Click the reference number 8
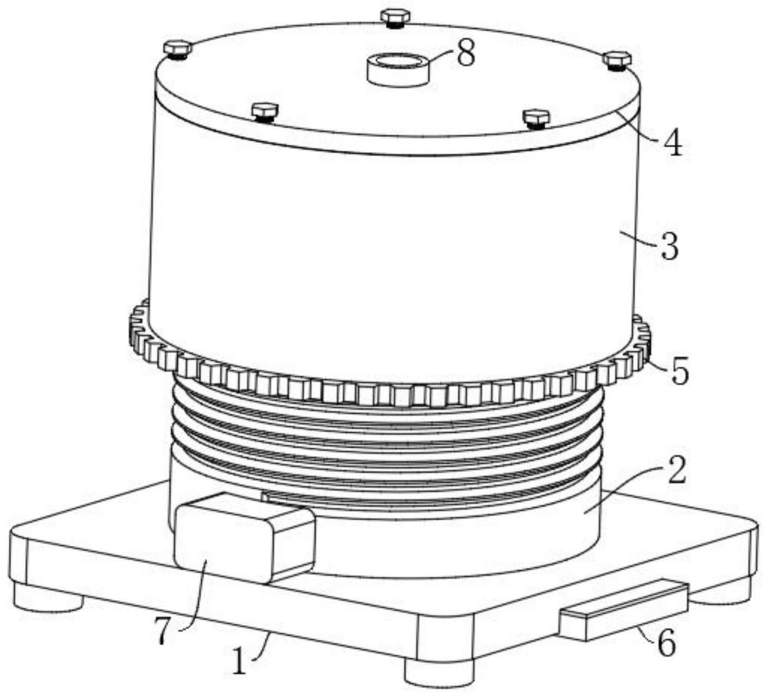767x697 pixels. coord(466,54)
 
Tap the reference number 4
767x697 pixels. coord(672,143)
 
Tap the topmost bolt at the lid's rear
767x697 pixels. coord(395,18)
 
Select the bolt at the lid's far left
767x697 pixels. coord(178,50)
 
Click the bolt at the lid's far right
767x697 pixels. coord(617,60)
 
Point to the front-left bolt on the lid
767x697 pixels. coord(265,113)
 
